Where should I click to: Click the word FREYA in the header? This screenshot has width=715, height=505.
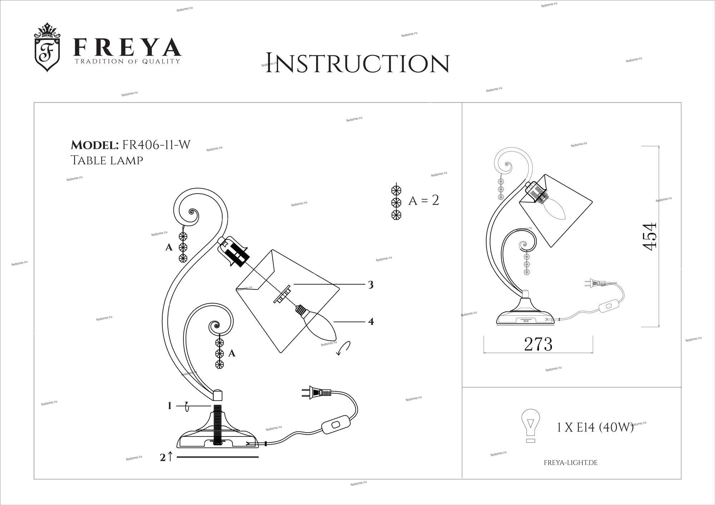[x=127, y=47]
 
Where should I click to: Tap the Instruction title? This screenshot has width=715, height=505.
[x=357, y=63]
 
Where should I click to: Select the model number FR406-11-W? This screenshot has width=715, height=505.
[x=156, y=145]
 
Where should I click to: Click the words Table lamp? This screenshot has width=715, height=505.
[x=107, y=160]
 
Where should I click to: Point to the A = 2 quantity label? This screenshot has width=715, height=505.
[x=424, y=200]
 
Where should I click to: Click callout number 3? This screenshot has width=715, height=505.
[x=371, y=285]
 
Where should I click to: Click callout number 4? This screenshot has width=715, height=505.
[x=371, y=321]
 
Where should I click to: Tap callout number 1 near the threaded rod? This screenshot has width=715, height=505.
[x=170, y=406]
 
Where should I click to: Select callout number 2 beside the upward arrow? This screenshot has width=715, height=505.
[x=163, y=457]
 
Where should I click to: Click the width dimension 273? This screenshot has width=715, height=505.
[x=538, y=344]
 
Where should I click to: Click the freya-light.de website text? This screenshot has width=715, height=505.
[x=571, y=463]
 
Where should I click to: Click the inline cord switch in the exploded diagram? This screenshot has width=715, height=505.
[x=335, y=424]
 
